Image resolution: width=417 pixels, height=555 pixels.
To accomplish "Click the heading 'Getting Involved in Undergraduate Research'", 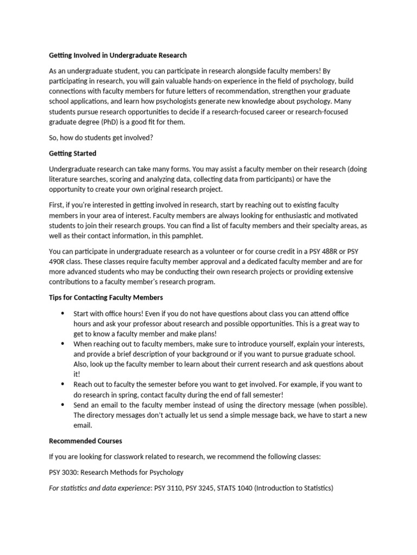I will coord(118,55).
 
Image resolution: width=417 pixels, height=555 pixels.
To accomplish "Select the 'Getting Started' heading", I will coord(72,153).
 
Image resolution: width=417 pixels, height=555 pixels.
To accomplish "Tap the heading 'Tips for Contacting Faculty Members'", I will coord(106,298).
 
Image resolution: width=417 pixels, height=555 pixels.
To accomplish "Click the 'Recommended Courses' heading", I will coord(85,441).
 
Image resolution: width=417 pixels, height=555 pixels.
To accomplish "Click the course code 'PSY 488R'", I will coord(319,251).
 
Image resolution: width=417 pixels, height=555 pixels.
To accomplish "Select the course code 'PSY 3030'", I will coord(64,472).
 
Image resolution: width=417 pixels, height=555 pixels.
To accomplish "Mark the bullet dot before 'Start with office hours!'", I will coord(62,314).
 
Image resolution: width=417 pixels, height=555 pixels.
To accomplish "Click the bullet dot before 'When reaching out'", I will coord(62,344).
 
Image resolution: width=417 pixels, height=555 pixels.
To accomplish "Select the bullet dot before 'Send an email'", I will coord(62,405).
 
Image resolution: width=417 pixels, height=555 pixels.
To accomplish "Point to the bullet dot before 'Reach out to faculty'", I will coord(62,384).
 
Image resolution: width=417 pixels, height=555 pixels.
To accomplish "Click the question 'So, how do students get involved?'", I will coord(101,138).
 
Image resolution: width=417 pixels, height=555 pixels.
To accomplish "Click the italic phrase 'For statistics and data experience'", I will coord(100,488).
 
